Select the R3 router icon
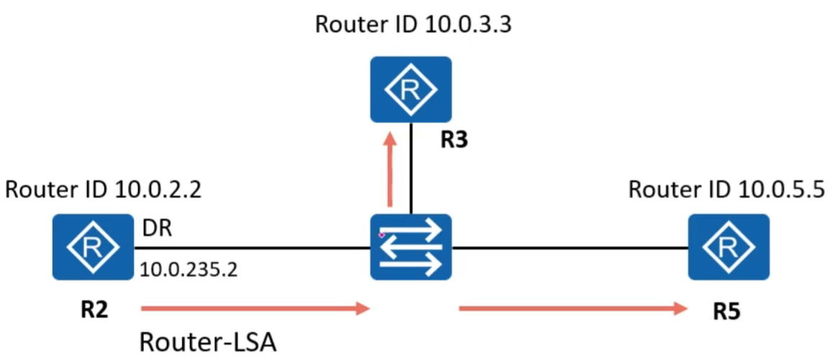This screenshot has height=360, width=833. pos(411,89)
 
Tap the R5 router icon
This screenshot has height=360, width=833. pos(728,247)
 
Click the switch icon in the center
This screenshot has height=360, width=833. pos(410,247)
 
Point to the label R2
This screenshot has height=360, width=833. pos(94,311)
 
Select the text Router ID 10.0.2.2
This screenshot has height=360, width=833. pos(103,191)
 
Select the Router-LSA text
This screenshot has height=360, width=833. pos(207,341)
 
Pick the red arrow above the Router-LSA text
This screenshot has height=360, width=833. pos(256,310)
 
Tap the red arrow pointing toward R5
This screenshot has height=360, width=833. pos(572,310)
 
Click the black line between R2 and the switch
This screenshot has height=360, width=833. pos(252,249)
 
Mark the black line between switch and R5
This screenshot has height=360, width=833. pos(569,249)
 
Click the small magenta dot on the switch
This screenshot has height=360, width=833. pos(382,235)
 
